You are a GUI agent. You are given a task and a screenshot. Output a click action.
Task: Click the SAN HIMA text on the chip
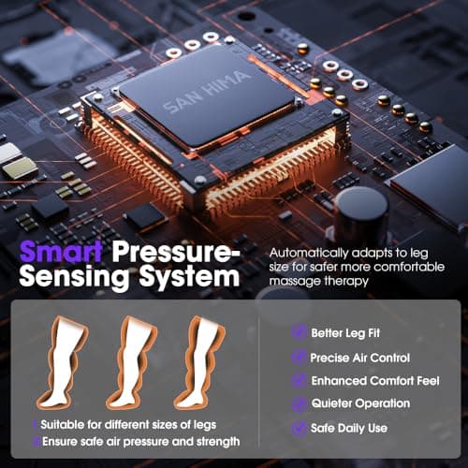pos(206,92)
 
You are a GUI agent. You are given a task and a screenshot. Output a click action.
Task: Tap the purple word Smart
pos(61,252)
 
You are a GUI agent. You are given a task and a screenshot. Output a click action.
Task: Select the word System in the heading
pos(190,278)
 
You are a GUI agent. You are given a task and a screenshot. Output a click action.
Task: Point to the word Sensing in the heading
pos(74,278)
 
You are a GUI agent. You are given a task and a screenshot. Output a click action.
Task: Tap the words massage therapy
pos(318,281)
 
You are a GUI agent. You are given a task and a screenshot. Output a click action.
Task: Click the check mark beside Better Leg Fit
pos(299,332)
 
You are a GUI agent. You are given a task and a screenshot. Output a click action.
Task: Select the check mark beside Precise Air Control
pos(299,357)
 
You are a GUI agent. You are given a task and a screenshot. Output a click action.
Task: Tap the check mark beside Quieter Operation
pos(299,403)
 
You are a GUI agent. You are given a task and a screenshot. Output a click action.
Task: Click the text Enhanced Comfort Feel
pos(375,381)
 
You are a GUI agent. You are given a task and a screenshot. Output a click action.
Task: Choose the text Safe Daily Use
pos(349,428)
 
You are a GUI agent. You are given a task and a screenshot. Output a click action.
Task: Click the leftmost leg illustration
pos(62,363)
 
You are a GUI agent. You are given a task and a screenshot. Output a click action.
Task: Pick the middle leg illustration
pos(131,363)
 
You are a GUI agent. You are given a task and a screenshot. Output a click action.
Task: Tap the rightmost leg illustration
pos(199,363)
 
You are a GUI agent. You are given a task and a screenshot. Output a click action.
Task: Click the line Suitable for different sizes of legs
pos(128,425)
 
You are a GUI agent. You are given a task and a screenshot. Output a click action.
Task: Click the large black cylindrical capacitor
pos(361,214)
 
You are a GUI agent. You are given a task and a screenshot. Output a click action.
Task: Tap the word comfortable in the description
pos(409,267)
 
